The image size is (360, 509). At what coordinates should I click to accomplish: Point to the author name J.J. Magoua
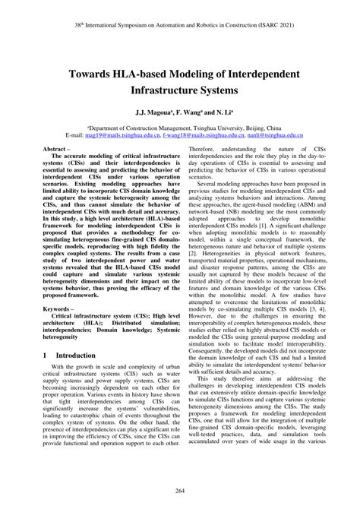pos(153,111)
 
